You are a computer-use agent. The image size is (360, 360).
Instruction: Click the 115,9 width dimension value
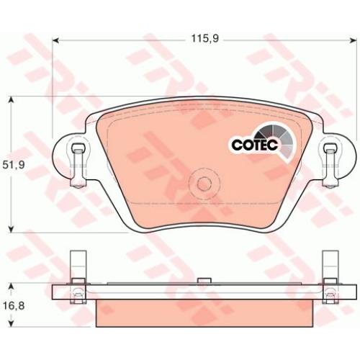tap(204, 38)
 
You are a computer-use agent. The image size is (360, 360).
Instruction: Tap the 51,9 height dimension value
tap(14, 165)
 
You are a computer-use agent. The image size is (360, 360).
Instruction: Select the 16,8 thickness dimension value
tap(14, 306)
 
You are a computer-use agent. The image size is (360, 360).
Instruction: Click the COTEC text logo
tap(255, 145)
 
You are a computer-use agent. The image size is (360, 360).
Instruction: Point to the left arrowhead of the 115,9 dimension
tap(55, 40)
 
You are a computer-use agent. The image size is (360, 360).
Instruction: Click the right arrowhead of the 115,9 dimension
tap(354, 40)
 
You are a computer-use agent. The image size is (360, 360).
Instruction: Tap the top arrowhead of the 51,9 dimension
tap(11, 100)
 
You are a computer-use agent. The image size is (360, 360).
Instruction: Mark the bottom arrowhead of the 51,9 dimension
tap(11, 229)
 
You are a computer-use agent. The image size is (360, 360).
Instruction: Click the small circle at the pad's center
tap(204, 184)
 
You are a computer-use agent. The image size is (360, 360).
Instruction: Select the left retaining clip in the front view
tap(78, 165)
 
